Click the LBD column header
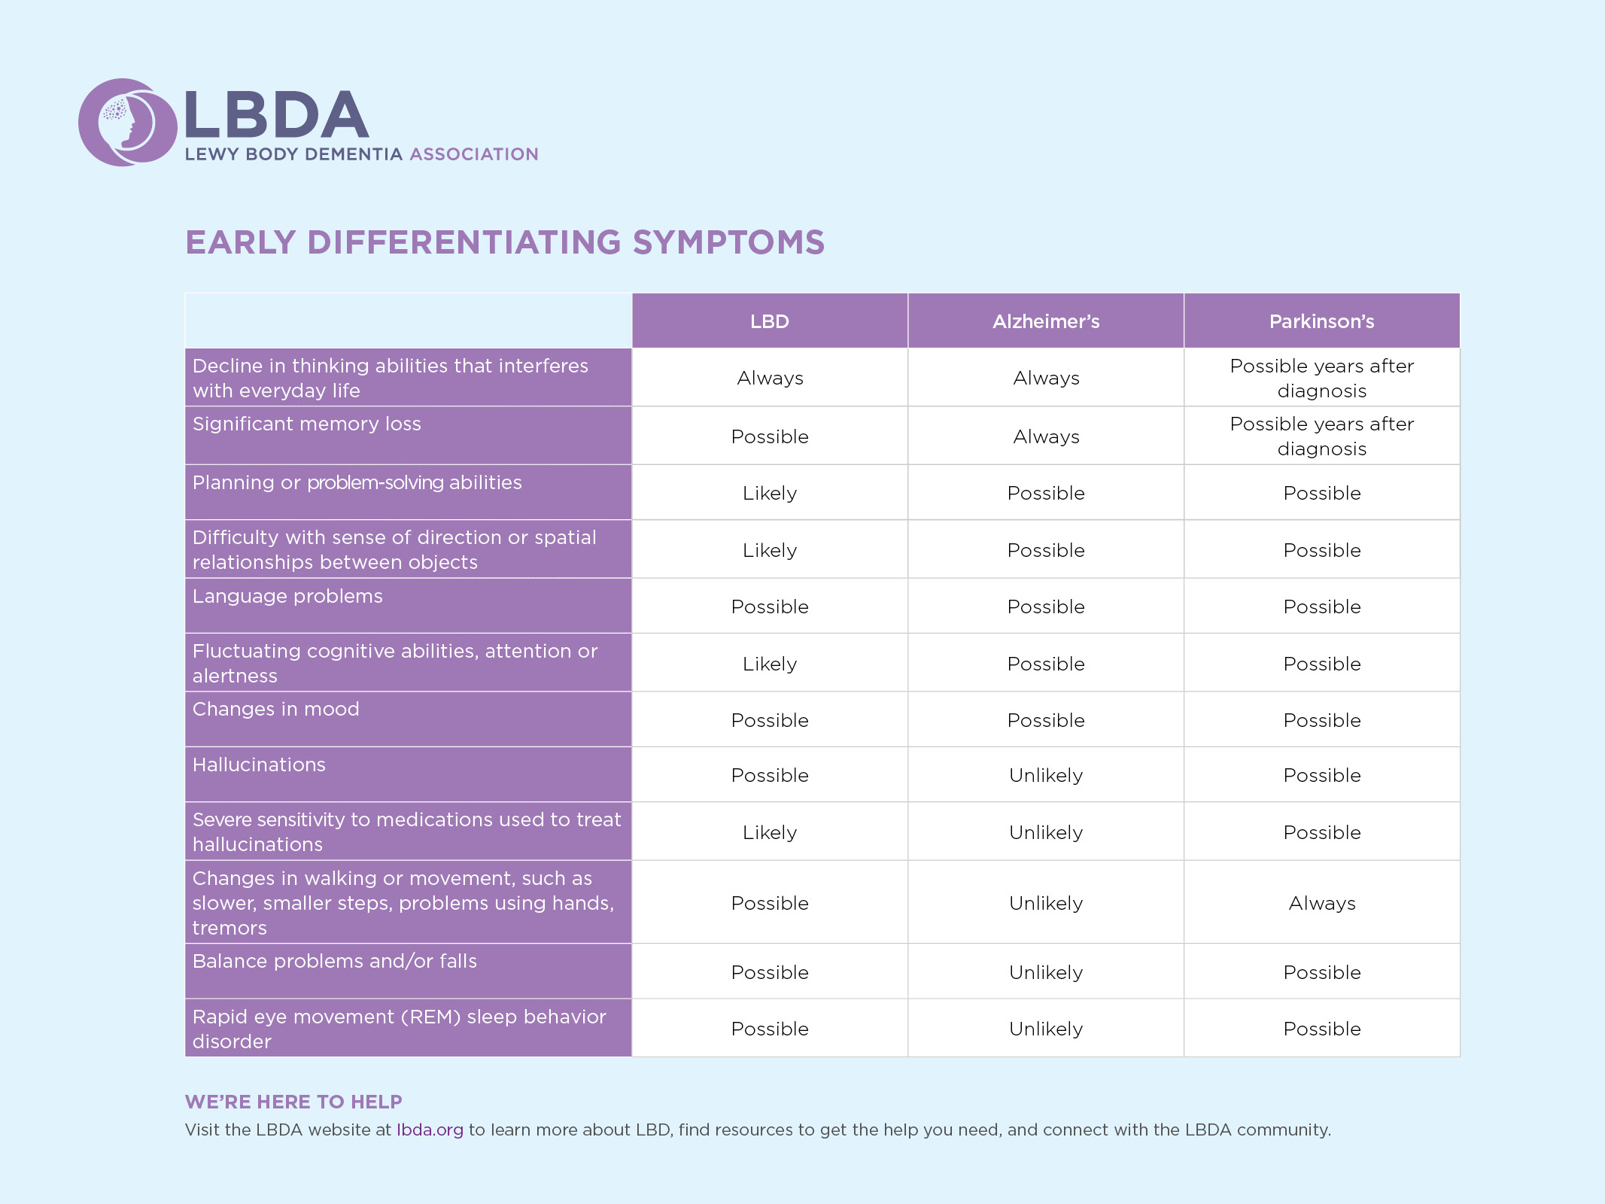tap(769, 321)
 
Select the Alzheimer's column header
tap(1045, 321)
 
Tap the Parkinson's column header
tap(1321, 321)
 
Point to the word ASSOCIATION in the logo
tap(474, 154)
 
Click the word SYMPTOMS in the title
tap(728, 242)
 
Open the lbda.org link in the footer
tap(430, 1130)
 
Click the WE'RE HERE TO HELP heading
tap(293, 1102)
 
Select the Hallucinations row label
tap(259, 765)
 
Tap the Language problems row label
tap(287, 596)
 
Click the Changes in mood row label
tap(275, 709)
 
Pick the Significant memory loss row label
tap(306, 424)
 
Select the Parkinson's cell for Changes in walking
tap(1321, 903)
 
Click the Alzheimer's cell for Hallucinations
tap(1045, 775)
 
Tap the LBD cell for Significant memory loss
tap(769, 436)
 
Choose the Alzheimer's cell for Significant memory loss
tap(1045, 436)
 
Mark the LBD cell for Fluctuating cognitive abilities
tap(769, 664)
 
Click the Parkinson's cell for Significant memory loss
tap(1321, 436)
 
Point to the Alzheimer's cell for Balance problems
tap(1045, 972)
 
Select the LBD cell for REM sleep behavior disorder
tap(769, 1029)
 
